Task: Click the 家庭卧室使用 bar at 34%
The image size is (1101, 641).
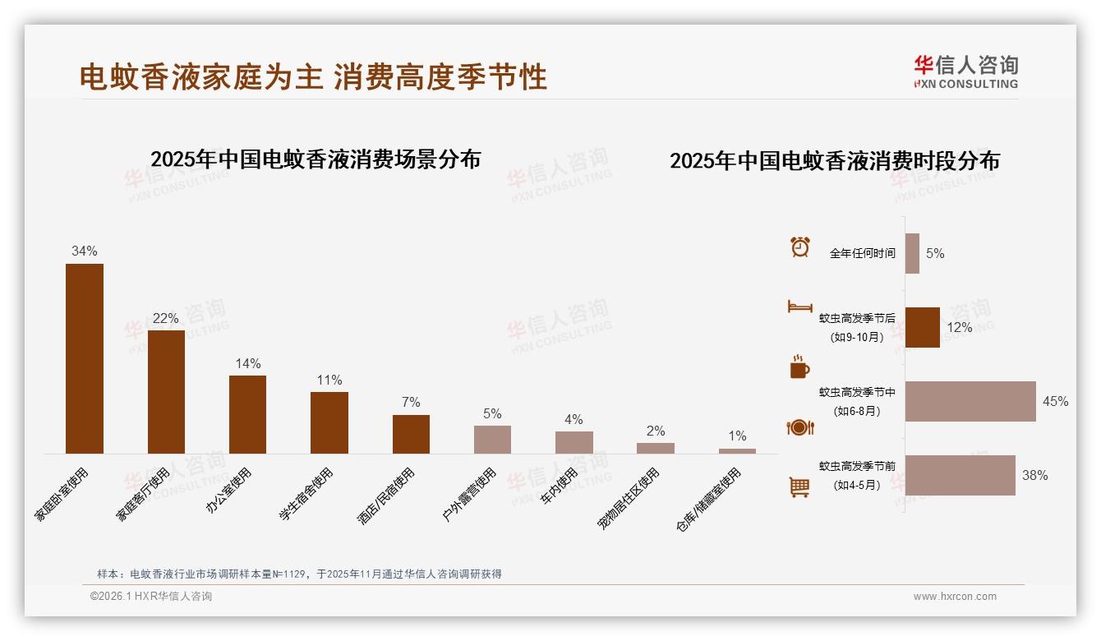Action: [85, 358]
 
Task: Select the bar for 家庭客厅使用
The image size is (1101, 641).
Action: [166, 392]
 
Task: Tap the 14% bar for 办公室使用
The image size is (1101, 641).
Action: [247, 414]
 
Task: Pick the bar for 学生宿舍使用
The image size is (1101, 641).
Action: [329, 422]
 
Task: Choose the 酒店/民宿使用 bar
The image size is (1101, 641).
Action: [411, 434]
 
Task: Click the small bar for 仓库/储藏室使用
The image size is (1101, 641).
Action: [737, 450]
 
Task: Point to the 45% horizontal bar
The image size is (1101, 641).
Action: [970, 401]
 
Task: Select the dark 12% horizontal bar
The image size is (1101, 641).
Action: [922, 327]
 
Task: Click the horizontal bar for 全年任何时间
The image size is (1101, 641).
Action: [912, 253]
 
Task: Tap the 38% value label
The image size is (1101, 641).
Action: [1034, 475]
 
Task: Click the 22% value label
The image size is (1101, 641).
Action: [166, 318]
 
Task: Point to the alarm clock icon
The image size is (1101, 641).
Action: [799, 247]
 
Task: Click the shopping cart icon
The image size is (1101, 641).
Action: [799, 487]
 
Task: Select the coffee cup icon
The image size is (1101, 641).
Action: [799, 367]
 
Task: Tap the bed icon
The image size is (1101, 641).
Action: [799, 307]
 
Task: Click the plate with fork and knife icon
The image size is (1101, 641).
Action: [799, 427]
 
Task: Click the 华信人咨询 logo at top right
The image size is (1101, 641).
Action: [965, 71]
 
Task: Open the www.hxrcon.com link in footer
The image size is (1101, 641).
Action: [955, 597]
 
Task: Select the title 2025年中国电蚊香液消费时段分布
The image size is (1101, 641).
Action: [834, 161]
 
